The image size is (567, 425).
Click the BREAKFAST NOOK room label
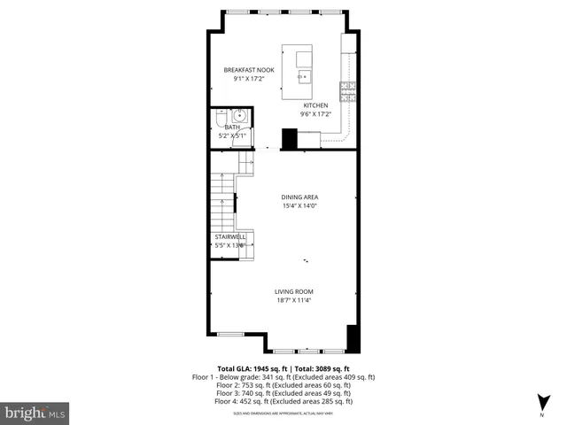coord(249,70)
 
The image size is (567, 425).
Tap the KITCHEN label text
coord(315,105)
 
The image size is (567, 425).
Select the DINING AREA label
coord(299,197)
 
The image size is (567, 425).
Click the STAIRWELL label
coord(229,236)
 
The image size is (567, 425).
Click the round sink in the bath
coord(239,116)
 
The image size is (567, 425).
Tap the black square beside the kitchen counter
coord(288,139)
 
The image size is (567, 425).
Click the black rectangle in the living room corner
coord(352,337)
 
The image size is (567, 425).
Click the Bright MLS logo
coord(35,413)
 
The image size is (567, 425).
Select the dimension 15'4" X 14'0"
coord(299,205)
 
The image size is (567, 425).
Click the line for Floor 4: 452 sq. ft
coord(283,401)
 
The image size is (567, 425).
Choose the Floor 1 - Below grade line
coord(283,377)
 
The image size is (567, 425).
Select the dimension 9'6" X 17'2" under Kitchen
coord(315,114)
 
